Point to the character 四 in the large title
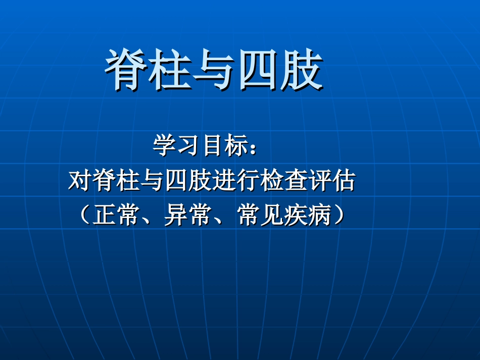click(x=257, y=71)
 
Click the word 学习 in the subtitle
click(x=177, y=146)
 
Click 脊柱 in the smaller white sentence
click(x=116, y=181)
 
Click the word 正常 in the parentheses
click(x=116, y=215)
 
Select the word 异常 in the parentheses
click(x=188, y=215)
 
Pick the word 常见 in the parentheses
click(x=261, y=215)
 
